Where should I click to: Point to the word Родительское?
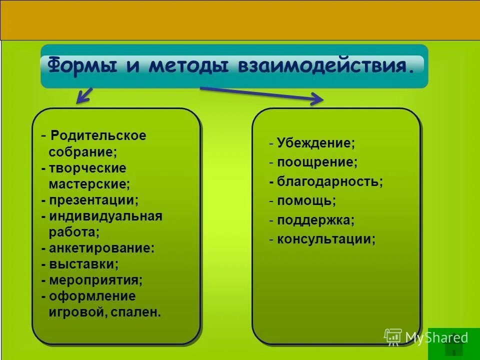coord(98,135)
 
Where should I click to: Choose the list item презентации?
coord(93,200)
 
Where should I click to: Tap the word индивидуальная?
coord(105,216)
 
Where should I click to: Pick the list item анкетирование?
coord(101,248)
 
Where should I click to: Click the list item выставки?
coord(84,264)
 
